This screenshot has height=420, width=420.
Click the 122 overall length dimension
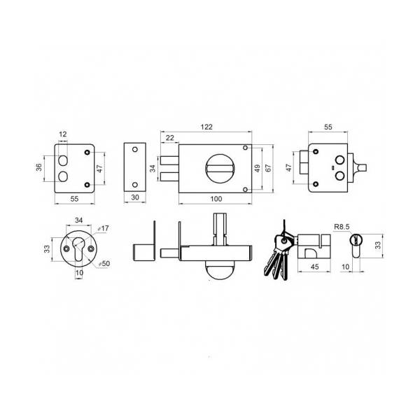206,127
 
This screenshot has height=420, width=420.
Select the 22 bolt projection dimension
170,138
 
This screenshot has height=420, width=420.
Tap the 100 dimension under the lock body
216,199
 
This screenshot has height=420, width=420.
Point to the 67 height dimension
268,168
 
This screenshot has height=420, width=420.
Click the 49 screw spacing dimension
257,168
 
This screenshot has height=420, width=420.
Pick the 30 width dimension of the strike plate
135,197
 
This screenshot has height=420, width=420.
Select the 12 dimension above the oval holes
63,134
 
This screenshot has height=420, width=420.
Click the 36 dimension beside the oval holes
39,167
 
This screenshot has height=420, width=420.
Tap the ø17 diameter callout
103,228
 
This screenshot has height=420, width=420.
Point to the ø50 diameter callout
104,264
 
